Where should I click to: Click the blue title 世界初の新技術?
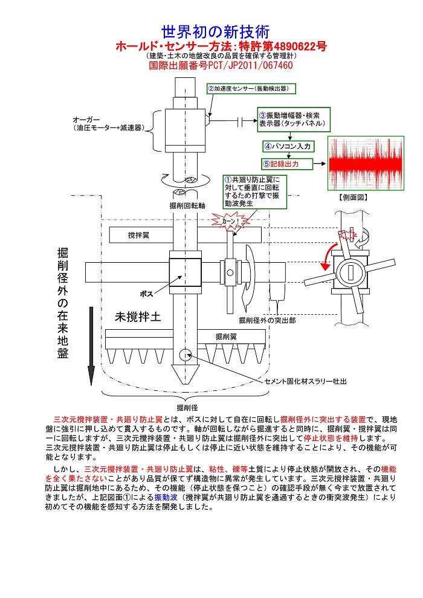(x=215, y=32)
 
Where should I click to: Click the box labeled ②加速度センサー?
(x=251, y=89)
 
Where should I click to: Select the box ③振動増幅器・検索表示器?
(x=294, y=120)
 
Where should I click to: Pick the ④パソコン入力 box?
(x=288, y=146)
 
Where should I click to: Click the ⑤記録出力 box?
(x=287, y=164)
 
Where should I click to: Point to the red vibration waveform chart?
(x=366, y=163)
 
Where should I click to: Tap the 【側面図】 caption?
(x=353, y=197)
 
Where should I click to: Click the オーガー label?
(x=86, y=120)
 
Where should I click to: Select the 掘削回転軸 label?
(x=187, y=205)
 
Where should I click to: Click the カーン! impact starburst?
(x=230, y=221)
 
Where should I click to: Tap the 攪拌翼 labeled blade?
(x=139, y=235)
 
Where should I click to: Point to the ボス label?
(x=146, y=294)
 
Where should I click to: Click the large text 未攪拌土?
(x=138, y=317)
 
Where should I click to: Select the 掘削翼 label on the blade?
(x=226, y=336)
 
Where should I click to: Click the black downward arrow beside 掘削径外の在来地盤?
(x=91, y=346)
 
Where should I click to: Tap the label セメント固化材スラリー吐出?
(x=306, y=381)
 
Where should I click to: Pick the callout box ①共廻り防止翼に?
(x=255, y=192)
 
